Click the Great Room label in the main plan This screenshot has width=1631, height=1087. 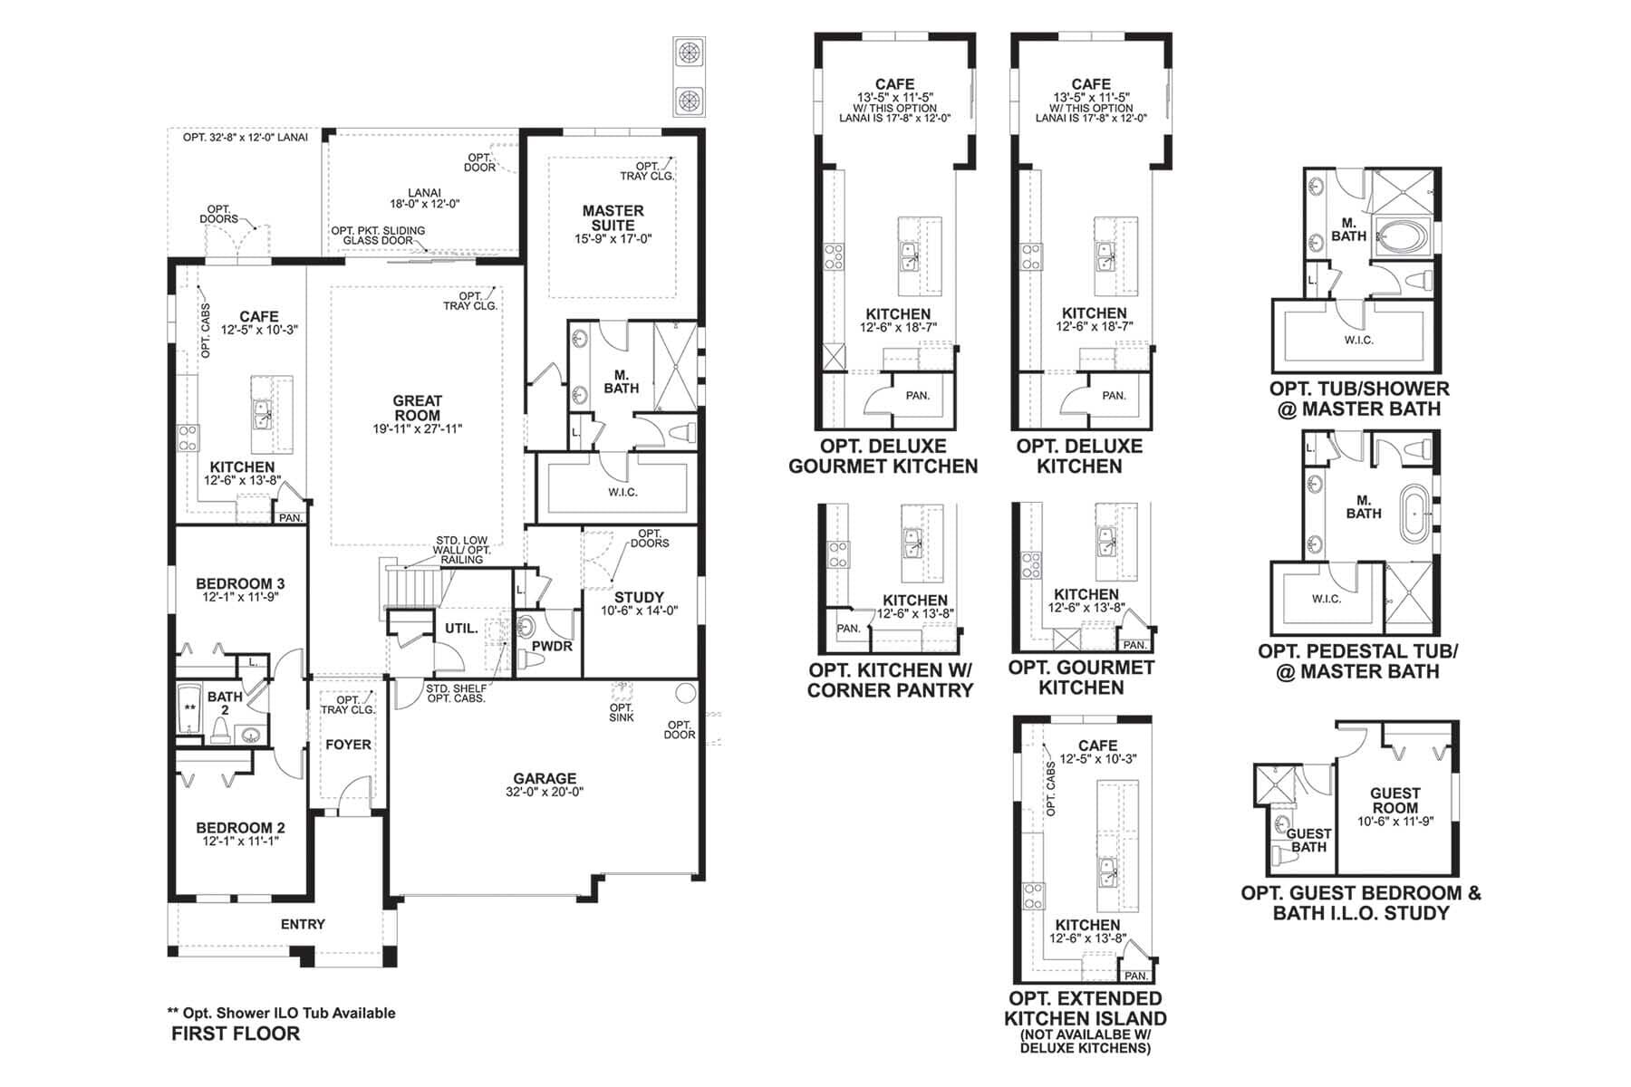[417, 408]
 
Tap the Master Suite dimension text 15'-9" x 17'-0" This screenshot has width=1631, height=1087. [613, 239]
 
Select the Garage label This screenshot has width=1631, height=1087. [545, 778]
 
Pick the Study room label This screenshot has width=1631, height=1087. [639, 597]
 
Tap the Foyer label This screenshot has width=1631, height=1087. [348, 745]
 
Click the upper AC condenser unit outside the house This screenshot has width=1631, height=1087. [689, 52]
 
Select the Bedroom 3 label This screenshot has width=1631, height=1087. [240, 583]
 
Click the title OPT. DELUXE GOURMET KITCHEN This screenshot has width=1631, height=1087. [883, 457]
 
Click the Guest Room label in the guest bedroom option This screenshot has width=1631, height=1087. [1395, 800]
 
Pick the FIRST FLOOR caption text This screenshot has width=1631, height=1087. [236, 1034]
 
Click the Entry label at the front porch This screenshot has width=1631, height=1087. [303, 924]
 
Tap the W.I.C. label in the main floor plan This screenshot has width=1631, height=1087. [622, 492]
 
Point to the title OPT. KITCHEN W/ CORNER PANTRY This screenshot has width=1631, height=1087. [890, 680]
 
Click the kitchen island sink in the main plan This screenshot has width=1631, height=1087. [262, 418]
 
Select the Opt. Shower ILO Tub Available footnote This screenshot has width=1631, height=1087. [281, 1013]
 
